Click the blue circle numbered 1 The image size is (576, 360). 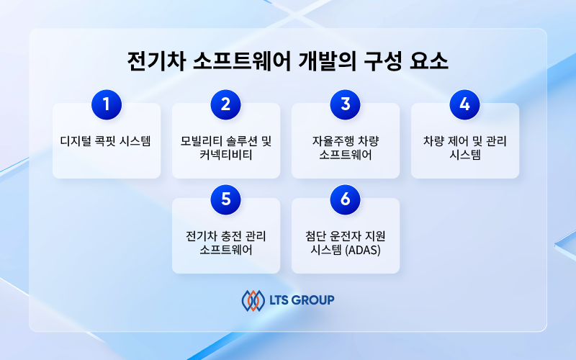click(107, 104)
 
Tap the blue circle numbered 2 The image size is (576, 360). click(226, 104)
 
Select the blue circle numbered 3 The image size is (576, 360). click(346, 104)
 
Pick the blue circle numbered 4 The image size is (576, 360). click(464, 104)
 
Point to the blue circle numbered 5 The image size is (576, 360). click(226, 199)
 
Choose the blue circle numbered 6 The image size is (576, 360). click(346, 199)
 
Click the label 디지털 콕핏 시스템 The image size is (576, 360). click(106, 141)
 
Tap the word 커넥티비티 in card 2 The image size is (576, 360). click(226, 155)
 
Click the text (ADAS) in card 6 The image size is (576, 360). click(363, 250)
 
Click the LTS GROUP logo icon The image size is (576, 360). click(253, 300)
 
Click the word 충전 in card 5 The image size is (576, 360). click(230, 236)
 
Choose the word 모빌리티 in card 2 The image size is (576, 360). click(202, 141)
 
